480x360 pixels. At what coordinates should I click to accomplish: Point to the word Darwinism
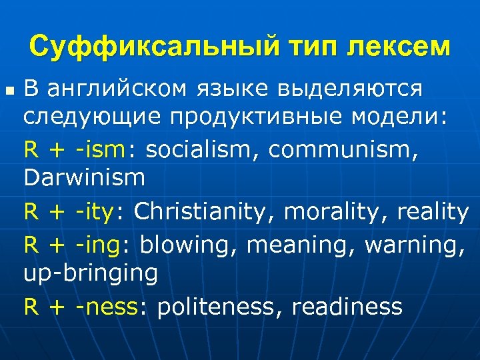click(84, 178)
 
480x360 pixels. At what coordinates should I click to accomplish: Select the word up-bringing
click(91, 273)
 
